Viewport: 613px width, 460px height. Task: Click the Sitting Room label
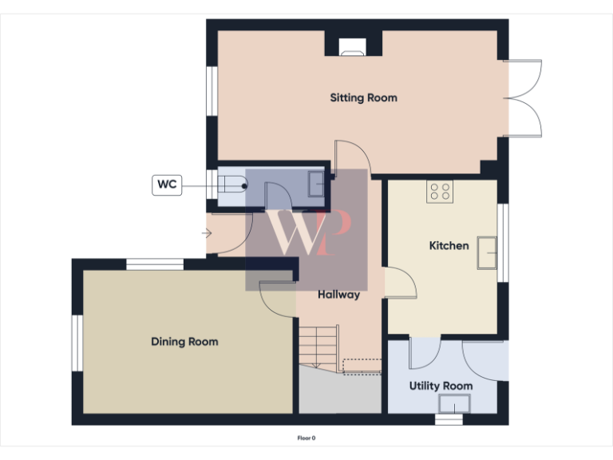[x=363, y=98]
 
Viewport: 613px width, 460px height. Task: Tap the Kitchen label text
[x=449, y=246]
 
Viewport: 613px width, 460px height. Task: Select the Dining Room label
[x=184, y=342]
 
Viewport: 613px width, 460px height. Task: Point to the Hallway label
[x=338, y=295]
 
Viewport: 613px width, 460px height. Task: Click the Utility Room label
[x=441, y=386]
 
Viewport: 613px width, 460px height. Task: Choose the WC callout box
[x=167, y=185]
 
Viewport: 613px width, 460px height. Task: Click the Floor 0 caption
[x=306, y=438]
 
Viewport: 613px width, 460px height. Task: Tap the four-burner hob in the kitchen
[x=440, y=191]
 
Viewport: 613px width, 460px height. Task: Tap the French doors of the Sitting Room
[x=524, y=98]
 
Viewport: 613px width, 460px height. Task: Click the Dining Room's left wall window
[x=77, y=343]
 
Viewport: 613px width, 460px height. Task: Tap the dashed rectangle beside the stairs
[x=361, y=365]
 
